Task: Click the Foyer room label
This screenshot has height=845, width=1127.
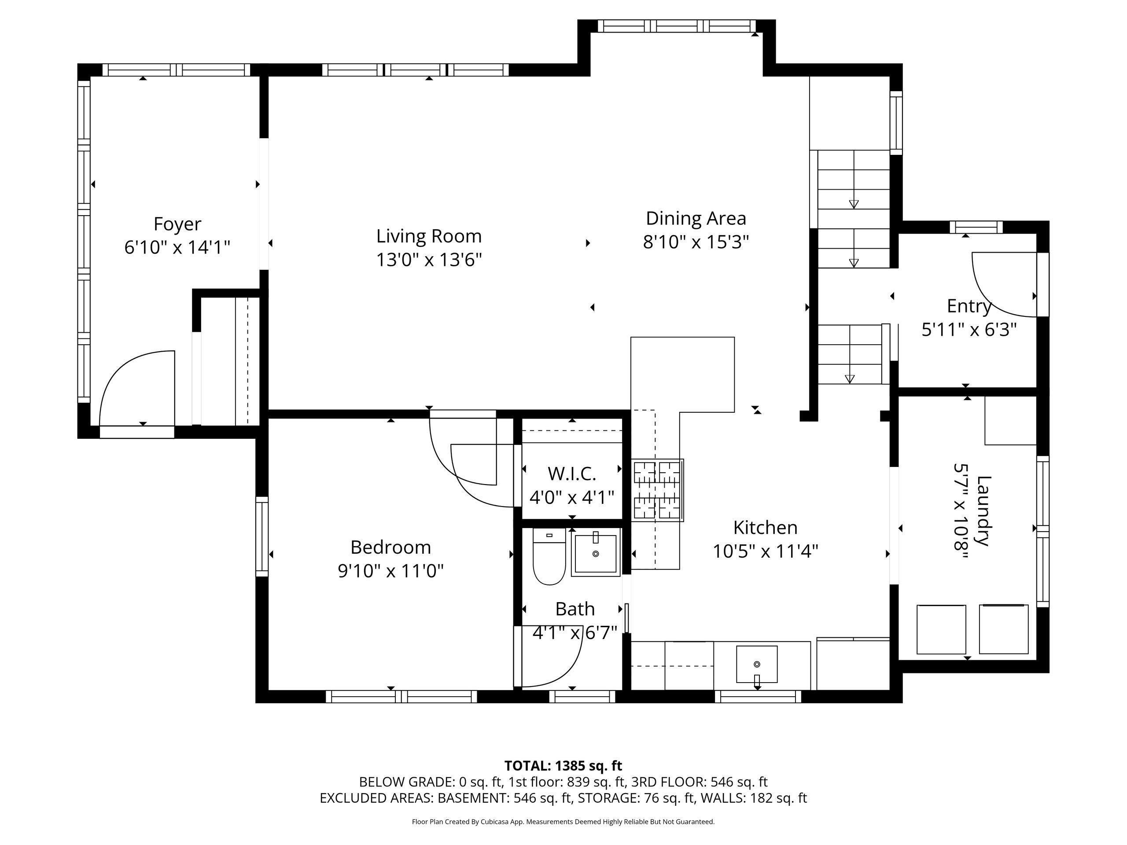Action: click(x=177, y=224)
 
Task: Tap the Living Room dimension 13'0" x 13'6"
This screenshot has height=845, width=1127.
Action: click(x=429, y=260)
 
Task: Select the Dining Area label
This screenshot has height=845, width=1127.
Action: click(x=696, y=218)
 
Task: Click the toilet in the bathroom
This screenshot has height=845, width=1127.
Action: click(x=549, y=557)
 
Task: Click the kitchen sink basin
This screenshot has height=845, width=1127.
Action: click(x=757, y=664)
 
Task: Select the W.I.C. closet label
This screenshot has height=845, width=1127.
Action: click(x=572, y=474)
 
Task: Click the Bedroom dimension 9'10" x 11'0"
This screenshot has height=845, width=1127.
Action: click(x=391, y=571)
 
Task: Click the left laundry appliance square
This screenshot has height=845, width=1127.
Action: click(x=941, y=629)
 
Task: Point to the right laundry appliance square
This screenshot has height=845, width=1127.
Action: click(x=1004, y=629)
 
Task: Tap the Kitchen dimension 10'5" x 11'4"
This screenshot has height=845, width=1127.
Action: click(x=765, y=551)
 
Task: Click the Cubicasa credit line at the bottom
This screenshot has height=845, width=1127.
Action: click(x=563, y=822)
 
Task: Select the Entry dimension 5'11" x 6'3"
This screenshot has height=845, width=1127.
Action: click(x=969, y=330)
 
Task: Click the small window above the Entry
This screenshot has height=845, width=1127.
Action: click(x=976, y=227)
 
